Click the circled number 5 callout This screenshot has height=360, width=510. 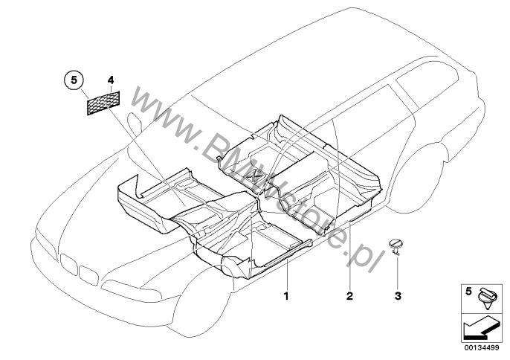click(x=74, y=80)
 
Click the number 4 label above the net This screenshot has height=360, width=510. click(x=111, y=80)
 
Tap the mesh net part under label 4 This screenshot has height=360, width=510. click(x=103, y=103)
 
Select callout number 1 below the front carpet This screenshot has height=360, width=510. click(x=286, y=296)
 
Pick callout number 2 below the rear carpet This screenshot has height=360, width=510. click(x=349, y=296)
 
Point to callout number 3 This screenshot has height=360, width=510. click(x=398, y=296)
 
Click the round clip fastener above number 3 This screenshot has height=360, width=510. click(x=396, y=245)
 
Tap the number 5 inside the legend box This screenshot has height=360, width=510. click(x=468, y=292)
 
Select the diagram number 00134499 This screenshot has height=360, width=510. click(x=482, y=348)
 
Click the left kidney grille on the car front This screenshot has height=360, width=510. click(x=68, y=263)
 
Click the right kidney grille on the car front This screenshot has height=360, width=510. click(x=88, y=275)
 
